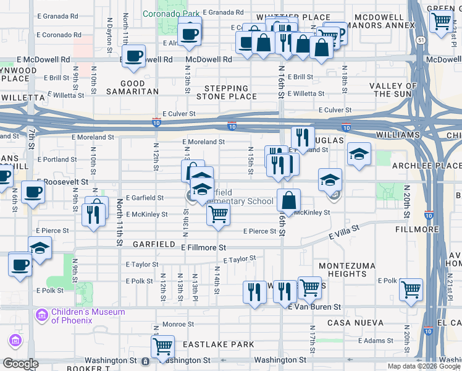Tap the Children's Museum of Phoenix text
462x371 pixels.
tap(88, 316)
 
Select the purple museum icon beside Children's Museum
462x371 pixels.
tap(42, 316)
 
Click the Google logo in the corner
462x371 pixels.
tap(20, 364)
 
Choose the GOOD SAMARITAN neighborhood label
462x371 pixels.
tap(132, 88)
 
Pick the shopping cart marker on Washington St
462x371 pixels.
tap(162, 346)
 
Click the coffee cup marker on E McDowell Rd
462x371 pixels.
tap(133, 56)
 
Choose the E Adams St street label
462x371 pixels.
tap(377, 340)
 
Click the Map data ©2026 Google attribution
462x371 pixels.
tap(424, 366)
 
